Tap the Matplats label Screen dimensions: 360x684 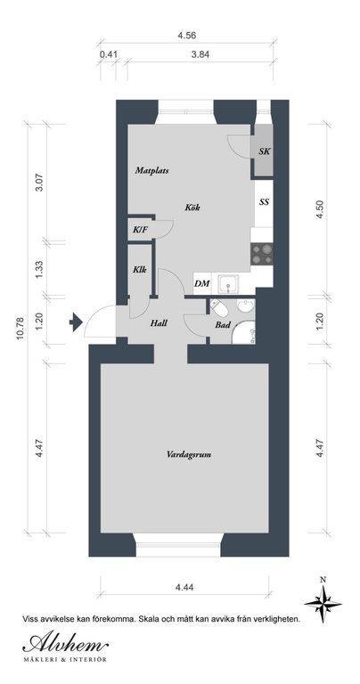151,171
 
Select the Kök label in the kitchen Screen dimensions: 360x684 192,208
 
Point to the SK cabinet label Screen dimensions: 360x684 264,151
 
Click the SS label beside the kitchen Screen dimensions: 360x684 264,202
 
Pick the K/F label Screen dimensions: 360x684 140,229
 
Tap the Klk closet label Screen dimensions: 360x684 140,270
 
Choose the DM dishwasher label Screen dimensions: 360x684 202,283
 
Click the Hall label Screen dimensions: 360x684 159,323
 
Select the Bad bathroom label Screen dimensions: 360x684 223,325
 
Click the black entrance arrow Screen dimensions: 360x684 76,322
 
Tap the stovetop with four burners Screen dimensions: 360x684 262,254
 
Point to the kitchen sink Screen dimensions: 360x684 229,284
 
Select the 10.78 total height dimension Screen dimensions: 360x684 21,330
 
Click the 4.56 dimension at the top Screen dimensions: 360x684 186,36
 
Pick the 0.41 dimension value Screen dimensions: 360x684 108,54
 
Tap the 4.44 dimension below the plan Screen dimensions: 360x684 184,587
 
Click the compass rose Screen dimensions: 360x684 323,603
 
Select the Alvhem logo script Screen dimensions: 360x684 65,643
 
